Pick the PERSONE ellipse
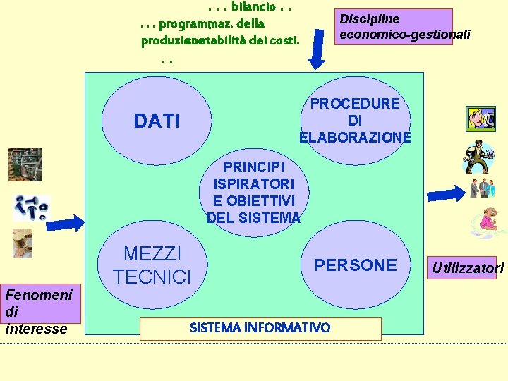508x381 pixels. [355, 265]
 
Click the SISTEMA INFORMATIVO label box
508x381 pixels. [260, 328]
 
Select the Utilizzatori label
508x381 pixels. [468, 267]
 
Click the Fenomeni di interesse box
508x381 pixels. [41, 310]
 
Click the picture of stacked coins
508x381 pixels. [23, 243]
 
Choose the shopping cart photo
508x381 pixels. [25, 165]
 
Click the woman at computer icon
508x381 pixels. [480, 119]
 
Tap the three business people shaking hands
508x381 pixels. [483, 188]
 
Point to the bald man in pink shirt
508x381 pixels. [485, 222]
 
